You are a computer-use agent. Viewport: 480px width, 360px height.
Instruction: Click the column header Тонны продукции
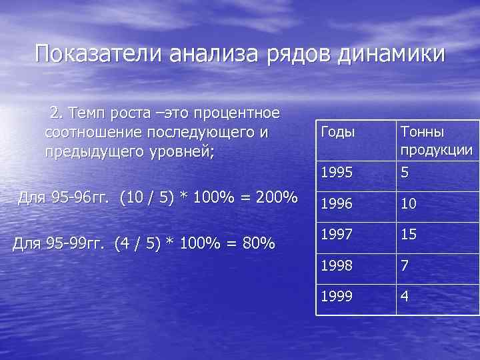pyautogui.click(x=437, y=141)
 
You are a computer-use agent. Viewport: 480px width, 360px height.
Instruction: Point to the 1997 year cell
pyautogui.click(x=337, y=234)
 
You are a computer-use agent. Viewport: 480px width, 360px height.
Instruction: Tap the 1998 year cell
pyautogui.click(x=337, y=265)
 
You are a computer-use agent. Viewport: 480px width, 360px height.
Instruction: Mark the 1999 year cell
pyautogui.click(x=337, y=296)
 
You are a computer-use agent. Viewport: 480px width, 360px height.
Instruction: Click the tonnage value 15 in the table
pyautogui.click(x=408, y=235)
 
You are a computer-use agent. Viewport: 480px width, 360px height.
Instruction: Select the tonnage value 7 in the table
pyautogui.click(x=405, y=266)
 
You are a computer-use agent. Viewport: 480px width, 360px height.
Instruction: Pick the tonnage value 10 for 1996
pyautogui.click(x=408, y=203)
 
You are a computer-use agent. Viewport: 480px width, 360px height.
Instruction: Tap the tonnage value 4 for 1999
pyautogui.click(x=405, y=297)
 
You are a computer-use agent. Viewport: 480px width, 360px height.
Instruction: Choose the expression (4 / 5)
pyautogui.click(x=137, y=244)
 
